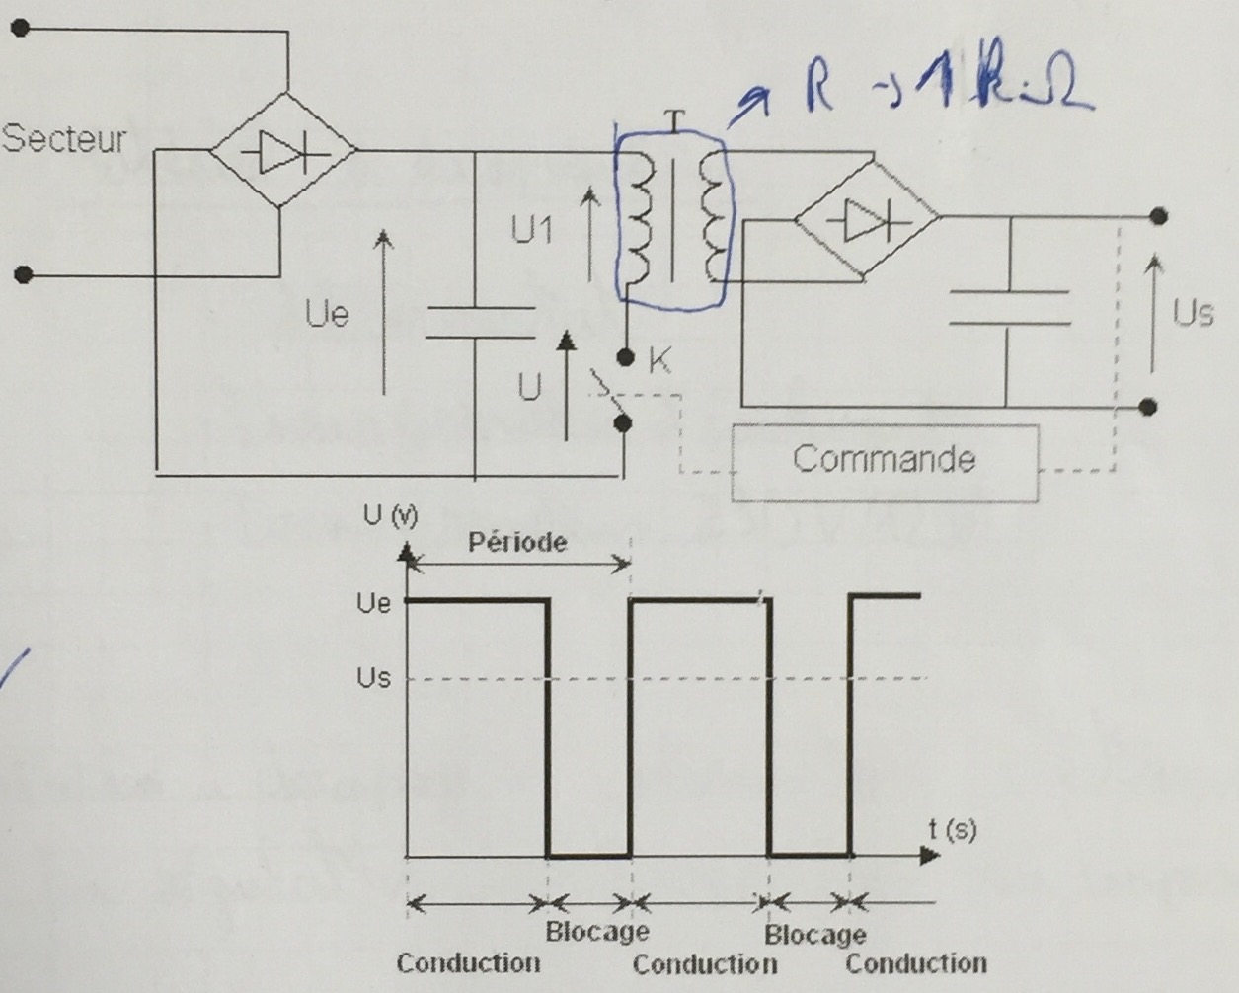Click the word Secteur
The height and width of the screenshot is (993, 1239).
click(65, 138)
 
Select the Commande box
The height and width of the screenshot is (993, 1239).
click(884, 460)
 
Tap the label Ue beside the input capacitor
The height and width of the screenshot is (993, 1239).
click(327, 315)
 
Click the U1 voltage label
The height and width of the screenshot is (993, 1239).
click(533, 231)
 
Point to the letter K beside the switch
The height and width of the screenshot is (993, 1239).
click(659, 361)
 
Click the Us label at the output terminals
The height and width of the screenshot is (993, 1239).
click(1192, 314)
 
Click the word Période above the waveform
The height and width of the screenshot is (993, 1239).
click(517, 542)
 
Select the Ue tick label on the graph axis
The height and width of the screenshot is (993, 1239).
click(373, 602)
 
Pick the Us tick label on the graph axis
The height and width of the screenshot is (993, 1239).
click(373, 678)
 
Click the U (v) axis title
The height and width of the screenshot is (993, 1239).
click(391, 516)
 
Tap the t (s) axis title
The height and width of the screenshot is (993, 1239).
click(952, 829)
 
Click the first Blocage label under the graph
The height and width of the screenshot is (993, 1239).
click(597, 931)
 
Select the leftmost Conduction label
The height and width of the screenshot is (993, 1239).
click(468, 963)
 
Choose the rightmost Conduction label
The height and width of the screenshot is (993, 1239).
click(916, 963)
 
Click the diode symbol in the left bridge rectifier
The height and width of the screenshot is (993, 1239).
click(283, 152)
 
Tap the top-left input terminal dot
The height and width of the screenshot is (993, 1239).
click(23, 31)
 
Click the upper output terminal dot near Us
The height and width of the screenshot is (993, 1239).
click(1159, 216)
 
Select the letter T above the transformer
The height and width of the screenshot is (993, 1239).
click(674, 120)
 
